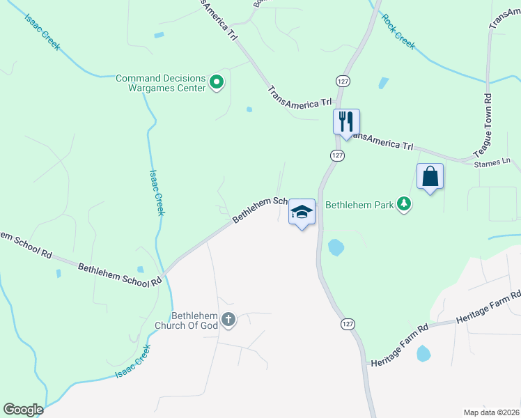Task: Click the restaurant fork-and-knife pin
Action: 346,122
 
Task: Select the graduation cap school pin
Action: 302,212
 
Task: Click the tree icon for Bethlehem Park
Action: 403,204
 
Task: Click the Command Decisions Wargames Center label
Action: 160,83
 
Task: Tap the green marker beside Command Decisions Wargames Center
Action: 217,84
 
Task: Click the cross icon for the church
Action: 228,321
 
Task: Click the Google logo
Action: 23,410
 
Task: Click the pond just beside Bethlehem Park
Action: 336,247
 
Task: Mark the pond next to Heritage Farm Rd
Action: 423,353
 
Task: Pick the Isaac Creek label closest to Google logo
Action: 133,364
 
